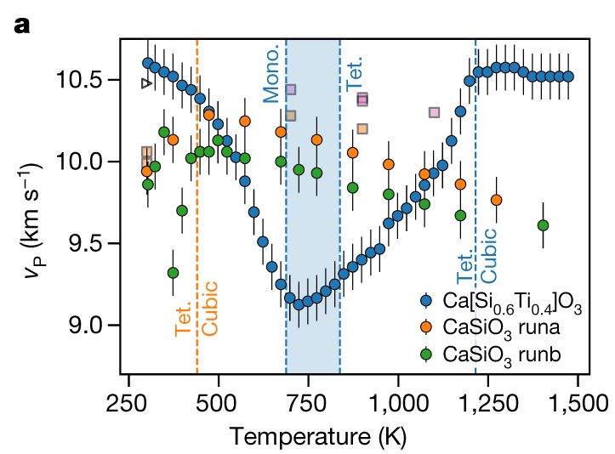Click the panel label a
coord(22,26)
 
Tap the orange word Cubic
coord(210,307)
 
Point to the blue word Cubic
coord(488,255)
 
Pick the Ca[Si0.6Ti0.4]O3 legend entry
coord(502,301)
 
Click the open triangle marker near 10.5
coord(146,83)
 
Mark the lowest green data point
coord(173,273)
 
